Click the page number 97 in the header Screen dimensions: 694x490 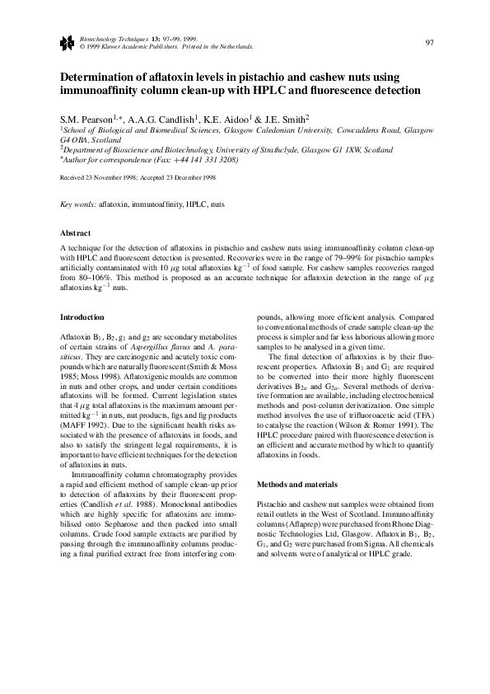[x=429, y=43]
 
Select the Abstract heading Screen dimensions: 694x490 [x=76, y=233]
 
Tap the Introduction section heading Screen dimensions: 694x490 [x=82, y=317]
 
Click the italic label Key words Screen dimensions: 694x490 [x=78, y=203]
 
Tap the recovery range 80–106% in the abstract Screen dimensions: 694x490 [x=77, y=279]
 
